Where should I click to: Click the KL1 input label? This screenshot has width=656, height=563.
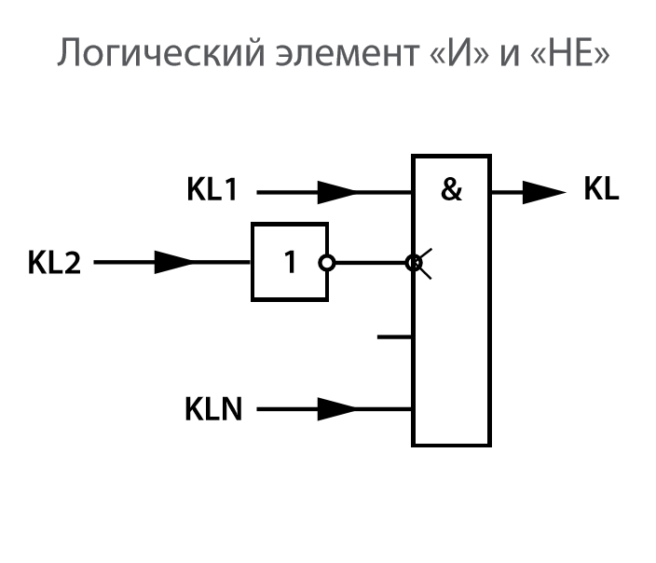point(212,192)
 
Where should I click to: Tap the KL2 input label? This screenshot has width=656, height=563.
point(54,263)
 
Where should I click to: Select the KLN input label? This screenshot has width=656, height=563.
point(213,408)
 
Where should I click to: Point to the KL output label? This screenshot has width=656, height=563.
point(601,191)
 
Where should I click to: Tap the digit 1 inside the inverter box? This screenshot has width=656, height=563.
point(290,263)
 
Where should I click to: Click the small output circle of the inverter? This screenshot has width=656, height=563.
point(325,263)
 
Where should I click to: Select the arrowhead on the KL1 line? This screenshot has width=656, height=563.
point(336,193)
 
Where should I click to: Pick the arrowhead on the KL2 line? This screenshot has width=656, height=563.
point(173,263)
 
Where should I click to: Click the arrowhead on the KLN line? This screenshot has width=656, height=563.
point(336,408)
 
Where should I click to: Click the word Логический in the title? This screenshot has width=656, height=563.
point(149,53)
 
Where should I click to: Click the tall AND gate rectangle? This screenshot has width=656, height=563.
point(452,354)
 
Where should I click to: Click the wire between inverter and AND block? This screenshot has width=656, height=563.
point(368,263)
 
